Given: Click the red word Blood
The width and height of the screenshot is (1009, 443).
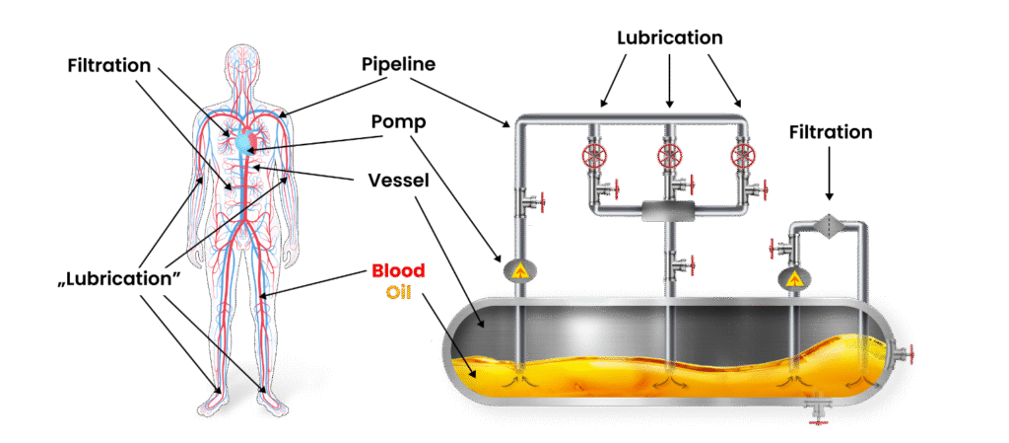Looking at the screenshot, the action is [x=398, y=269].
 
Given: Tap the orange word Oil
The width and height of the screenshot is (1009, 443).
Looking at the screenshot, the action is [x=398, y=291].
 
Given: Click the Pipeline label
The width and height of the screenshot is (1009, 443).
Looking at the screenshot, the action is [x=398, y=64].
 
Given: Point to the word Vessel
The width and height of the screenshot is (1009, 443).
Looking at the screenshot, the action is [x=398, y=180].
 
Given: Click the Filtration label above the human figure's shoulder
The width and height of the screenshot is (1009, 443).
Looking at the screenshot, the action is [x=109, y=66].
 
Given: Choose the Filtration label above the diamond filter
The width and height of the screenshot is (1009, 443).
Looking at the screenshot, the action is [x=830, y=132].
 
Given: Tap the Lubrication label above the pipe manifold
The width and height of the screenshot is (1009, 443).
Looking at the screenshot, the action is [x=669, y=37].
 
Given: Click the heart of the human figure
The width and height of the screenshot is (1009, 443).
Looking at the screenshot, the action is [x=247, y=140].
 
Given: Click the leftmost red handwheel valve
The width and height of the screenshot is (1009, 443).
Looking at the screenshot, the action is [x=594, y=155].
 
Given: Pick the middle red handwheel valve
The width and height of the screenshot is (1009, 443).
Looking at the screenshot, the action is [x=669, y=155].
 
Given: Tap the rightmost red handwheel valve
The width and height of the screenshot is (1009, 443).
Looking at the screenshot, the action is [x=743, y=155].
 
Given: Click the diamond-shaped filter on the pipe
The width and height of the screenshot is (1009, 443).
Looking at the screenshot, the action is [x=828, y=225].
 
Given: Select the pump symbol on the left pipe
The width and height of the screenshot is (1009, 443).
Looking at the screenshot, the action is [x=517, y=269].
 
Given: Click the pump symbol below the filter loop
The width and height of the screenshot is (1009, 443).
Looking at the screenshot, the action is [x=795, y=277].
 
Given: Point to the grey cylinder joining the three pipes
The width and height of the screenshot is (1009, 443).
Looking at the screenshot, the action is [x=669, y=210].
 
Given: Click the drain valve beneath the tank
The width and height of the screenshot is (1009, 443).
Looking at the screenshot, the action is [x=819, y=409].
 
